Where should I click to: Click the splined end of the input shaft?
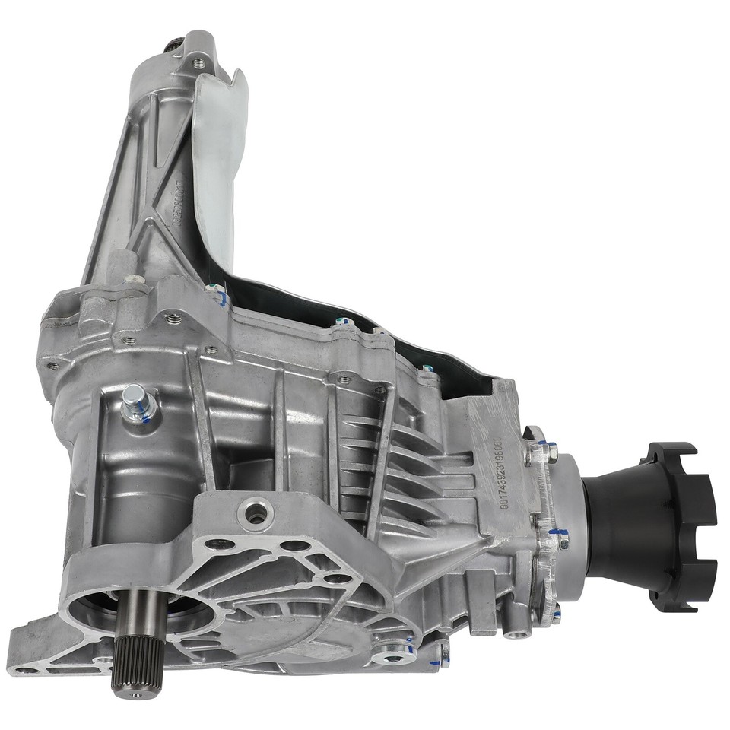[136, 665]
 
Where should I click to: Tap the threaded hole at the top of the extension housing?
[199, 62]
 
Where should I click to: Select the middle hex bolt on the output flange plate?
[561, 540]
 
